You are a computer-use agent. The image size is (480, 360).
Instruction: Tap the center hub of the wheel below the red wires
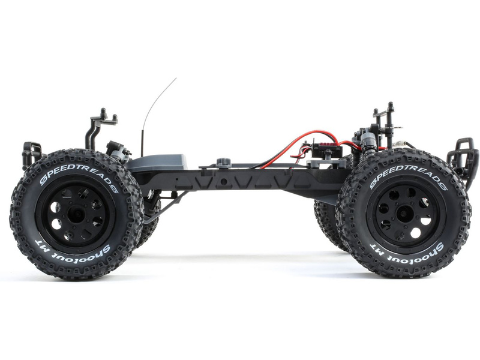[404, 213]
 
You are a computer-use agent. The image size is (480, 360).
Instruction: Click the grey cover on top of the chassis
[159, 162]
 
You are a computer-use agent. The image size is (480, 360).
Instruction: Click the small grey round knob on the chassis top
[224, 162]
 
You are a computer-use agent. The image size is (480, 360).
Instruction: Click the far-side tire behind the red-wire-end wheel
[327, 222]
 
